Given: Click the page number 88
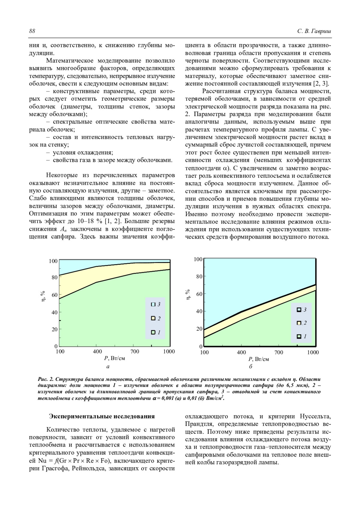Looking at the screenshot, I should [x=32, y=31].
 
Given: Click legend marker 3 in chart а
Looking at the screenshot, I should [x=153, y=304].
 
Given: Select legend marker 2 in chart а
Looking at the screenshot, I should [x=153, y=318].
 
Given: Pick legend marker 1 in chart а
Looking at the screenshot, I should [x=153, y=332].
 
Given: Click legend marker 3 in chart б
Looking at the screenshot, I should [x=299, y=310].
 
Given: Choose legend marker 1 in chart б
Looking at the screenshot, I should [x=299, y=336].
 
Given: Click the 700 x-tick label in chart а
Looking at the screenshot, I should [x=135, y=352].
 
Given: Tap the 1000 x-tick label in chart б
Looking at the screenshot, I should [x=313, y=353].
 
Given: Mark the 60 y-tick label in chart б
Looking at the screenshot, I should [x=199, y=294].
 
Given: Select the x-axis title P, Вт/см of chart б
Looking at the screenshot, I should [x=258, y=359].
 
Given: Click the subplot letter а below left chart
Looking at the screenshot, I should [x=108, y=366].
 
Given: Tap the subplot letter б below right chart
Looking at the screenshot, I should [x=251, y=367].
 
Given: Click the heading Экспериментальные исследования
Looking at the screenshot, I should [x=102, y=416].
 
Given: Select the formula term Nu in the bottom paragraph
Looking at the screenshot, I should [x=42, y=461].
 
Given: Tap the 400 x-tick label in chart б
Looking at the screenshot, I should [x=241, y=353].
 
